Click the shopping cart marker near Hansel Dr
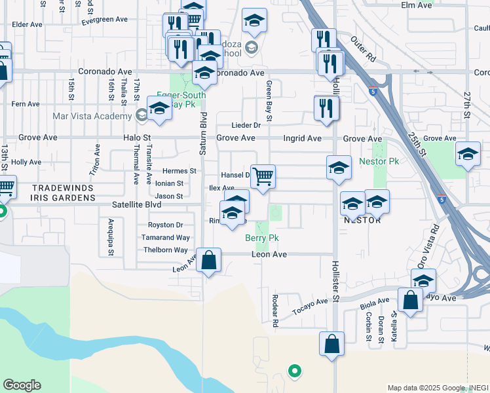coord(263,176)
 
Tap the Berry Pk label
coord(262,238)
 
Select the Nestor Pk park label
coord(379,161)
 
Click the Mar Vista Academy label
coord(92,117)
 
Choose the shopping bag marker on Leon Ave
coord(208,260)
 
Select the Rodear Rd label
coord(275,310)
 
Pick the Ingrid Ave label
coord(302,139)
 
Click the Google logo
coord(22,385)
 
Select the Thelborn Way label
coord(165,250)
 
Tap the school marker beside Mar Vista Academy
coord(159,110)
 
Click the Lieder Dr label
coord(246,125)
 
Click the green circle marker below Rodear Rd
coord(295,371)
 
